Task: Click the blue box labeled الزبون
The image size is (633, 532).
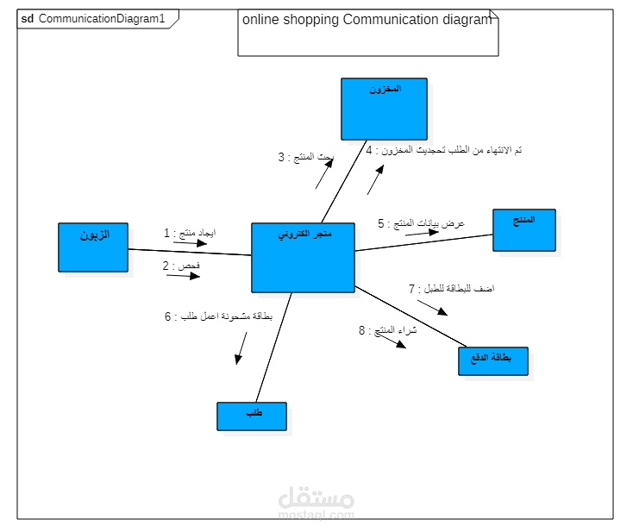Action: point(93,247)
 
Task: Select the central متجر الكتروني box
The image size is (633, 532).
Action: point(303,258)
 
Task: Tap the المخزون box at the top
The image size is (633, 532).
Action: point(384,109)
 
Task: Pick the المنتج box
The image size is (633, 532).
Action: point(524,230)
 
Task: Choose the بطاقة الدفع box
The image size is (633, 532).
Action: point(492,361)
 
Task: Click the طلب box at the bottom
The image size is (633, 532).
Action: point(251,416)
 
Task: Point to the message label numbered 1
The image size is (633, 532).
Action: point(190,234)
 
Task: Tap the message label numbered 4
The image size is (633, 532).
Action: point(443,151)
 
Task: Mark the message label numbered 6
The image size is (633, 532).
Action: point(218,316)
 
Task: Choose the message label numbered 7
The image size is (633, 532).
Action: point(450,289)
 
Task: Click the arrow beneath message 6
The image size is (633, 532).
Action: point(241,347)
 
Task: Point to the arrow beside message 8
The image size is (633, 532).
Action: point(392,342)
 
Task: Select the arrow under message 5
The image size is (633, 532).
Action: point(411,233)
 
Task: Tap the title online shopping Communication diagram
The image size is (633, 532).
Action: point(367,20)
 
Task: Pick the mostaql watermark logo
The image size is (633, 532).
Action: point(316,503)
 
